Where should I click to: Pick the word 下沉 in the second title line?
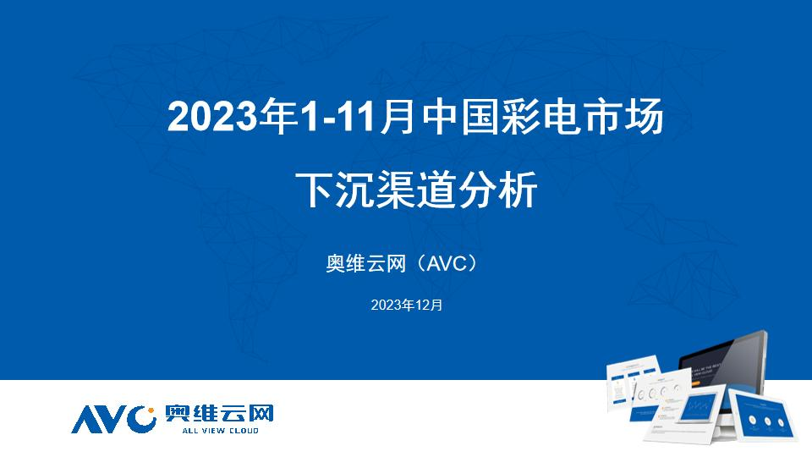336,190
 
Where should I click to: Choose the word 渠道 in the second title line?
416,190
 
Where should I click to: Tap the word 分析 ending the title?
497,190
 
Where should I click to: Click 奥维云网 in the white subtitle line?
365,264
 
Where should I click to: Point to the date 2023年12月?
407,306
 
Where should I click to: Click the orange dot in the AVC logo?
151,411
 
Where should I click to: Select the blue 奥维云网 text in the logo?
219,414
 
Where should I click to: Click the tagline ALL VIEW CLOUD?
220,431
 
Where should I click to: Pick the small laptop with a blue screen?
699,407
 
